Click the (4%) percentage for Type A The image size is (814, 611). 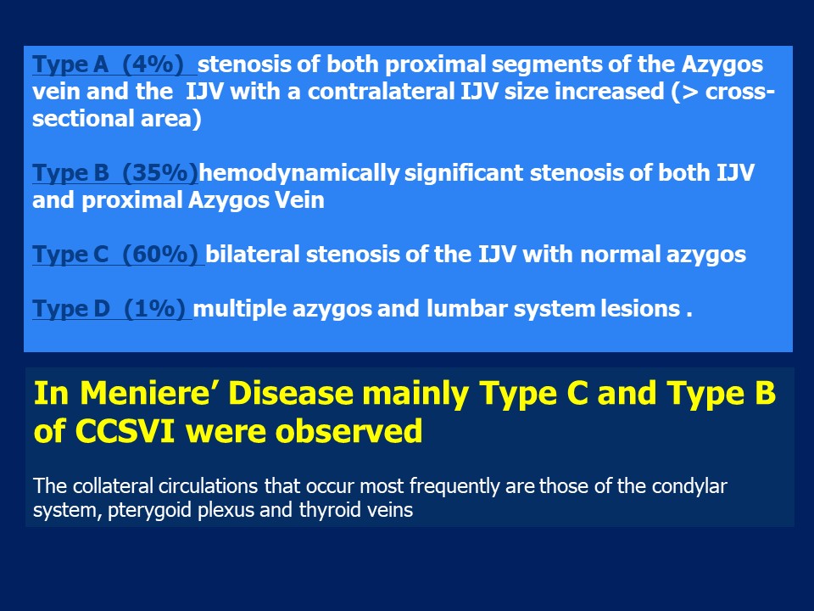(153, 64)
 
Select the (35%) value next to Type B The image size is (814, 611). (160, 172)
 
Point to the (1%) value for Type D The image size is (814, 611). (154, 309)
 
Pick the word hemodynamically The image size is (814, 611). (299, 173)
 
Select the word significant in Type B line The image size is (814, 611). (464, 172)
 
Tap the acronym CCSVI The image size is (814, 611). (124, 431)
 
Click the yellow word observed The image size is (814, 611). (348, 431)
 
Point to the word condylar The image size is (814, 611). (689, 485)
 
